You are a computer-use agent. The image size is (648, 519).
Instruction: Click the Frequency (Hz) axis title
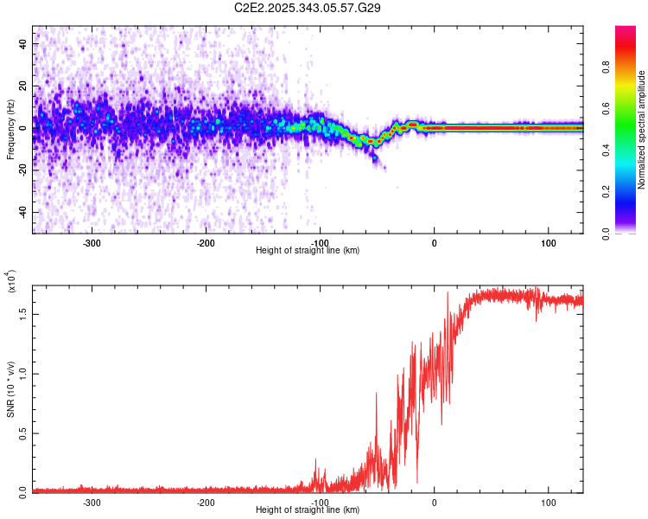point(10,130)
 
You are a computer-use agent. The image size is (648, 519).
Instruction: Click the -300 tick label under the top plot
point(91,243)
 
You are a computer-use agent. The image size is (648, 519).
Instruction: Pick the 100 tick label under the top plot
point(549,243)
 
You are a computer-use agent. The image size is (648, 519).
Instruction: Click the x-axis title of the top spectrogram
point(308,251)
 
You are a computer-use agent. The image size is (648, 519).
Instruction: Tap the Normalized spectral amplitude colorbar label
point(642,130)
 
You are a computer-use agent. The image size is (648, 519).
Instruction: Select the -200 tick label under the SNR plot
point(205,502)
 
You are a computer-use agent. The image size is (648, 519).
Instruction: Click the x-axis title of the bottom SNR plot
point(308,510)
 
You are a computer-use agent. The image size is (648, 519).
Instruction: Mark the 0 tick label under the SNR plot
point(435,502)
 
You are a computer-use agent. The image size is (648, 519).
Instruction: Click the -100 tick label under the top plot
point(319,243)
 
